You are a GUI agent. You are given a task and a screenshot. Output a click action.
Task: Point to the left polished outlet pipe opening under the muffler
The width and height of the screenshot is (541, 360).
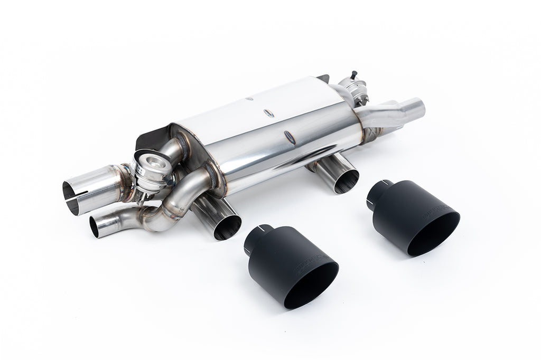point(228,228)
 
